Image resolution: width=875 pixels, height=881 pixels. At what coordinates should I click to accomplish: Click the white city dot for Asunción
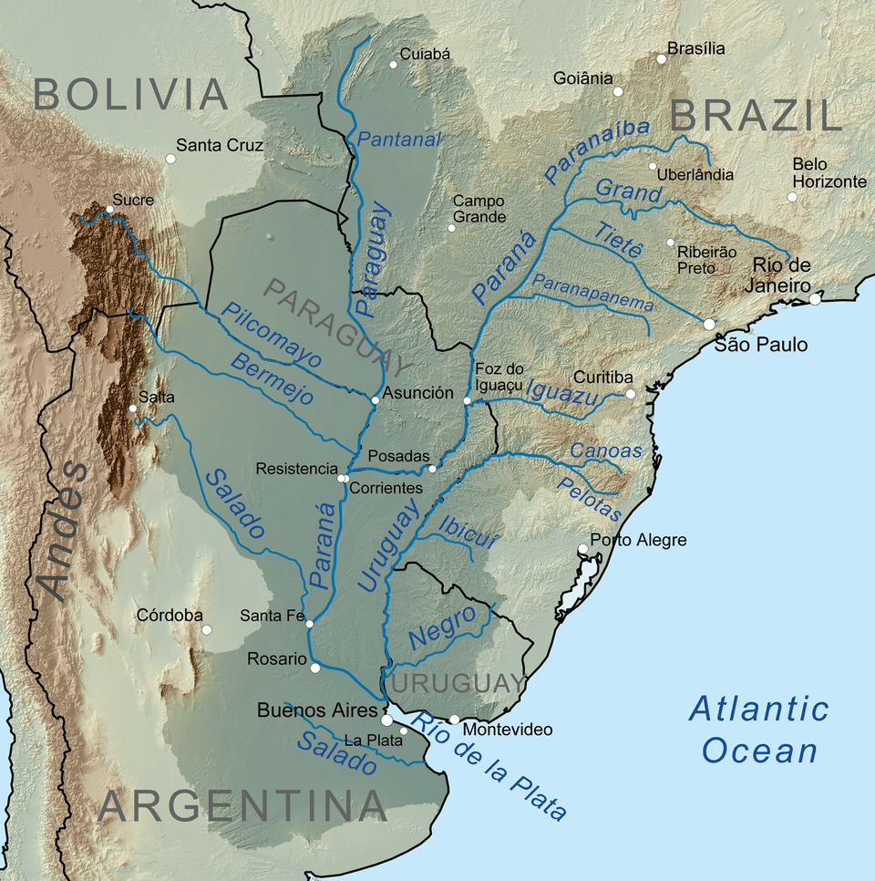pyautogui.click(x=375, y=400)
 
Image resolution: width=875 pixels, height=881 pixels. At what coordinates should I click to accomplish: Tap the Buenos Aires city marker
pyautogui.click(x=386, y=720)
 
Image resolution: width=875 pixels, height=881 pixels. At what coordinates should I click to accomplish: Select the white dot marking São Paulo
pyautogui.click(x=709, y=324)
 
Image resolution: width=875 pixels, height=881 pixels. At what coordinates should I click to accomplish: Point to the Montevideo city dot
pyautogui.click(x=454, y=720)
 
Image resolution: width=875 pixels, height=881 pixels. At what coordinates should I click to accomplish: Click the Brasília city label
pyautogui.click(x=696, y=48)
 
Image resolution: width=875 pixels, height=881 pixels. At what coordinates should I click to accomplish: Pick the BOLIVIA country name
pyautogui.click(x=131, y=95)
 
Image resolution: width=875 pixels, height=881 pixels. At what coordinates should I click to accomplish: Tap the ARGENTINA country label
pyautogui.click(x=242, y=805)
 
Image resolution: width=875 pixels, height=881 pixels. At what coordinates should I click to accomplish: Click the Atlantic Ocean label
pyautogui.click(x=758, y=730)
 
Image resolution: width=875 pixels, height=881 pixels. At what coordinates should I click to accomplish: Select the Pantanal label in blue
pyautogui.click(x=399, y=140)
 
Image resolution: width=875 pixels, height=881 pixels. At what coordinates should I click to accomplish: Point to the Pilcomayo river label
pyautogui.click(x=273, y=335)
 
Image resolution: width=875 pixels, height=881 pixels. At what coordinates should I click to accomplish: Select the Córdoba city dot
pyautogui.click(x=207, y=630)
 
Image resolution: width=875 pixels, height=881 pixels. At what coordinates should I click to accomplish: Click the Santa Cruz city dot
pyautogui.click(x=170, y=159)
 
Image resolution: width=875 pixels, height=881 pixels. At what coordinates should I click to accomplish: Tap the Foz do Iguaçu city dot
pyautogui.click(x=467, y=401)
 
